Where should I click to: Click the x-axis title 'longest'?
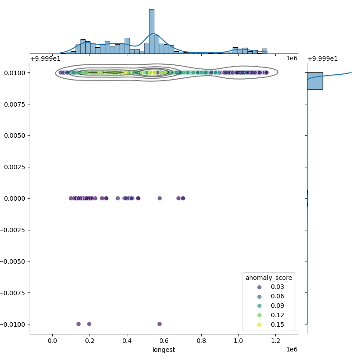point(164,350)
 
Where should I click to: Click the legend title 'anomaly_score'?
point(269,278)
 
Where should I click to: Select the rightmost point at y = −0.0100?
point(159,324)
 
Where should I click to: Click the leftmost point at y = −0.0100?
point(78,324)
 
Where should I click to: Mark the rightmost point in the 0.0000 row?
point(183,198)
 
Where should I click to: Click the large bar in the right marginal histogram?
point(315,81)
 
